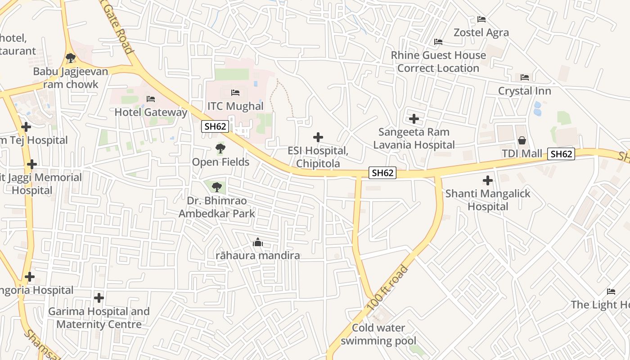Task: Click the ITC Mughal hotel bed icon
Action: tap(235, 93)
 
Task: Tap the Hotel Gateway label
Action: tap(151, 112)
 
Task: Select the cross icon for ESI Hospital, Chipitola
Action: tap(318, 137)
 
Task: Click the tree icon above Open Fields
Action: tap(220, 148)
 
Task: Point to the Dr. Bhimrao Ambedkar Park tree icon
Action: tap(217, 186)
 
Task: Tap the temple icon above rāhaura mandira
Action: tap(258, 243)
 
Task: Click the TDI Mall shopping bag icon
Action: tap(522, 140)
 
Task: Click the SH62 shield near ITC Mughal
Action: tap(215, 126)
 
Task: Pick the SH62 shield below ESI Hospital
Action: tap(382, 173)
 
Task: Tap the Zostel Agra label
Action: tap(481, 32)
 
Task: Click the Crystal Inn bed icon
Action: tap(525, 77)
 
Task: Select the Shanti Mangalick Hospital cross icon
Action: tap(488, 181)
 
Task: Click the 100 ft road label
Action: tap(387, 288)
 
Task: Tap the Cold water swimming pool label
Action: tap(378, 334)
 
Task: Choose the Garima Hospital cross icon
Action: tap(99, 298)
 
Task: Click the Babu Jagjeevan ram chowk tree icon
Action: tap(70, 58)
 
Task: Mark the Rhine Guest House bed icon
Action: tap(438, 42)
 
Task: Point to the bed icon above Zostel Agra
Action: tap(481, 19)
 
